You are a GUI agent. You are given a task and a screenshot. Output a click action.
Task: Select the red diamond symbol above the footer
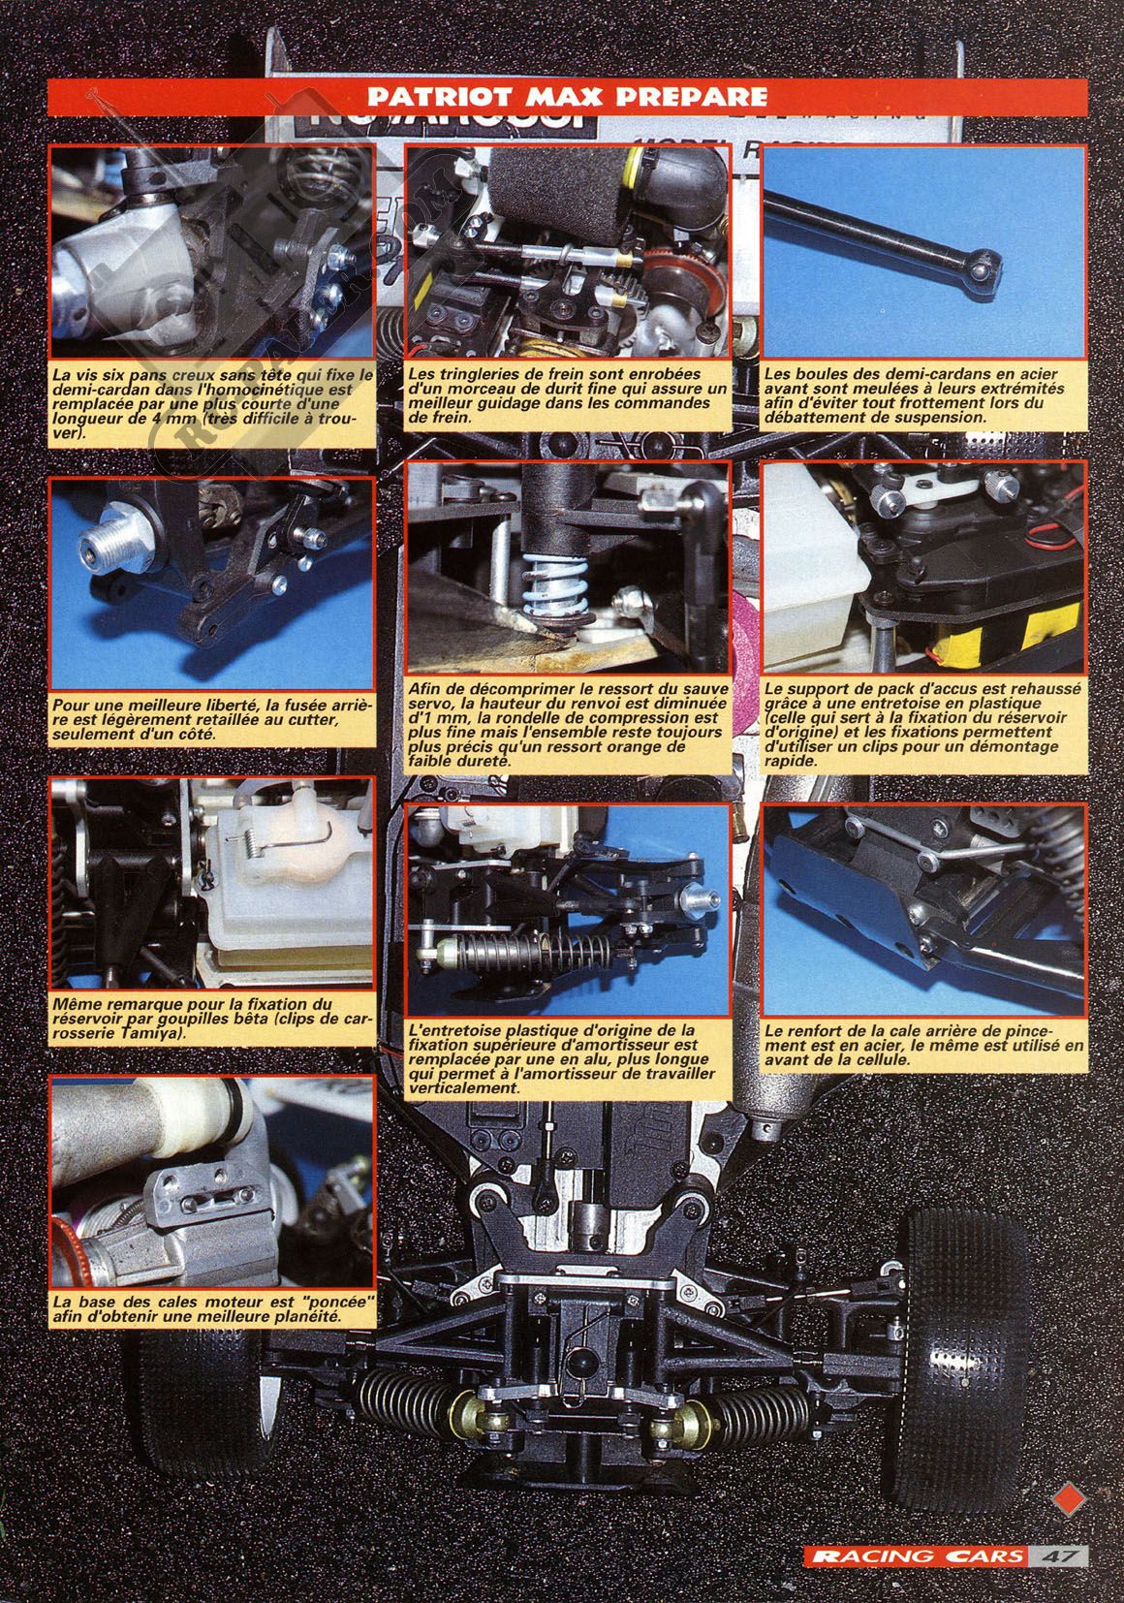(x=1069, y=1498)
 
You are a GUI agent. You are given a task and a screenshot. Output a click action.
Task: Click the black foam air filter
(x=556, y=194)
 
